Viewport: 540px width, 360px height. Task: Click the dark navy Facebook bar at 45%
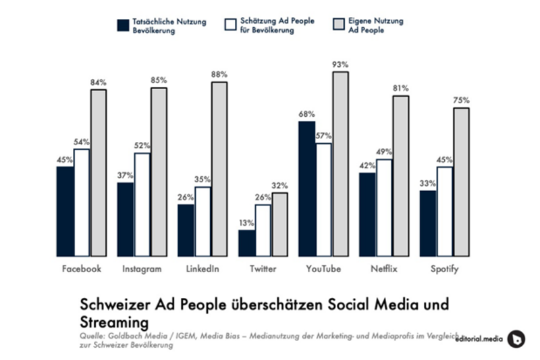(x=65, y=211)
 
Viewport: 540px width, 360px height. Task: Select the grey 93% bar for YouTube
(x=340, y=164)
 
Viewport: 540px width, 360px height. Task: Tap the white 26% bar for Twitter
(x=263, y=230)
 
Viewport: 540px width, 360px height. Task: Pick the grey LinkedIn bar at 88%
(x=219, y=169)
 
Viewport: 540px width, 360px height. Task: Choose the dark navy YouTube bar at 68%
(x=307, y=189)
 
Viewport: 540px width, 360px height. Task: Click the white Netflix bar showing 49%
(x=384, y=208)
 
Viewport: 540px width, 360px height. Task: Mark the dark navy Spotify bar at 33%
(x=428, y=224)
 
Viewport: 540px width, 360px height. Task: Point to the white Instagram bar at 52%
(x=142, y=205)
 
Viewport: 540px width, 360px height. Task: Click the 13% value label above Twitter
(x=246, y=223)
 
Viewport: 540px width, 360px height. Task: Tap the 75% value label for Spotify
(x=462, y=101)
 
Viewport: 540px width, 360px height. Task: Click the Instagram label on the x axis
(x=142, y=269)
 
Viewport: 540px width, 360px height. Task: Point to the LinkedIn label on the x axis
(x=202, y=269)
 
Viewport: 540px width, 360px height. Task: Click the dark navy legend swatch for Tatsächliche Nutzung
(x=122, y=25)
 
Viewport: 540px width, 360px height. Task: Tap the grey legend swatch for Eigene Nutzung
(x=340, y=25)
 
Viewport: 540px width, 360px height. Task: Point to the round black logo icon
(x=516, y=338)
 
